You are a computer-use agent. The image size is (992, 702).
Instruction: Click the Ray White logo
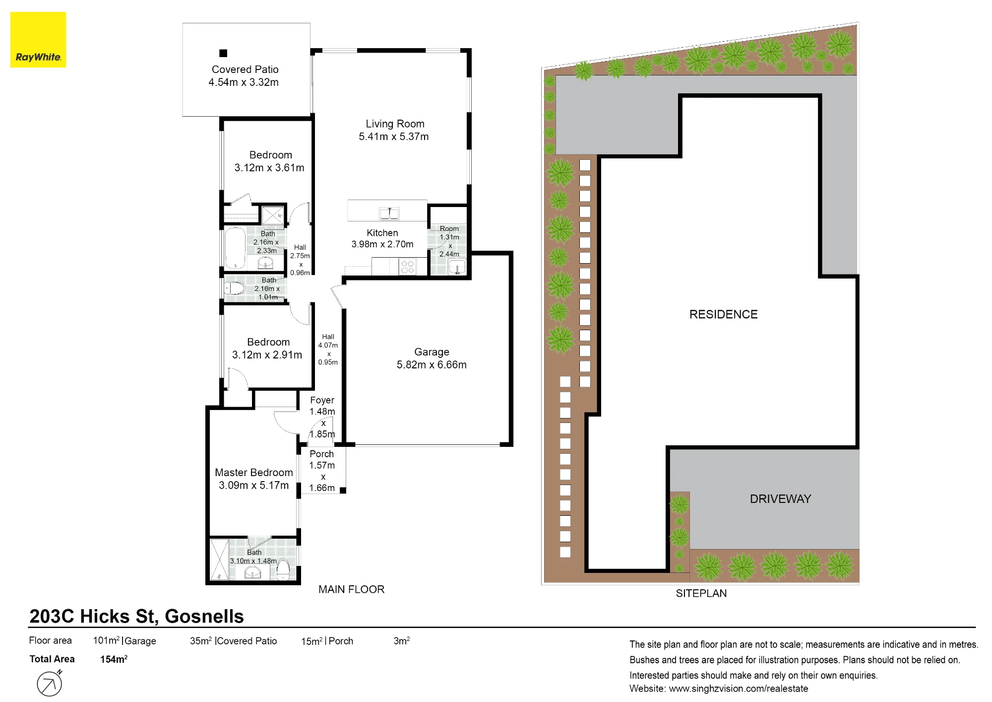[38, 40]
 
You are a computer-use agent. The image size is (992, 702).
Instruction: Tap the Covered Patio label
[245, 70]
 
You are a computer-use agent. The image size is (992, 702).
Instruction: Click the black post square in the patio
[223, 53]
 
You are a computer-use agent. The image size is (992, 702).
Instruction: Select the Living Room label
[395, 124]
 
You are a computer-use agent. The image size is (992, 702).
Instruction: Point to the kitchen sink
[389, 213]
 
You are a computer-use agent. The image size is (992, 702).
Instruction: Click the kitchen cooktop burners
[407, 267]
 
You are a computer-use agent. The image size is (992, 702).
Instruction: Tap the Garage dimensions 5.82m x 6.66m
[432, 365]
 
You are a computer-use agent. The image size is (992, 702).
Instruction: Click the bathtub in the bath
[235, 249]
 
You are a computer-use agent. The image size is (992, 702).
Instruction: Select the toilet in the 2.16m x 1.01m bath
[235, 288]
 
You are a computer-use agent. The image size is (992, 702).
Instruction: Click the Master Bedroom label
[254, 473]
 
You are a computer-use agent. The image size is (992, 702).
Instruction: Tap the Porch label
[322, 454]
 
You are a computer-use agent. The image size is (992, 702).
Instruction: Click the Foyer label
[322, 400]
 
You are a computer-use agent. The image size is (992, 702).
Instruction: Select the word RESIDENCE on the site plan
[724, 314]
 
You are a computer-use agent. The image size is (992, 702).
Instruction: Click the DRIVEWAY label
[780, 499]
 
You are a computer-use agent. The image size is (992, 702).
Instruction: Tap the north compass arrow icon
[50, 683]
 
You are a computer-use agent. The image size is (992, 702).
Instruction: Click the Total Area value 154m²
[114, 659]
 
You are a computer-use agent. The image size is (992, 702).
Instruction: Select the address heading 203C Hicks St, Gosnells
[136, 616]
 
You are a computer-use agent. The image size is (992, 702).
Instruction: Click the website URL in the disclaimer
[739, 689]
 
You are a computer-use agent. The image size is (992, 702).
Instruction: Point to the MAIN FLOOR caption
[351, 589]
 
